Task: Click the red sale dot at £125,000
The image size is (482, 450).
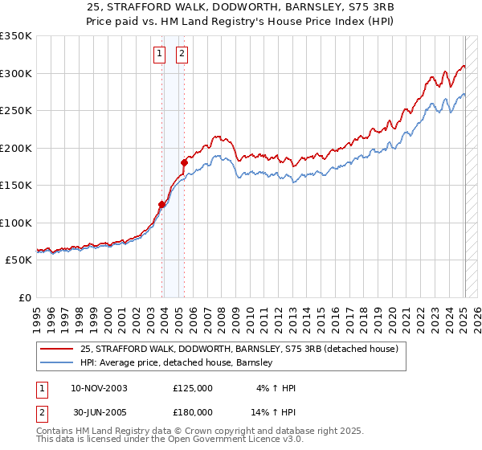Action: (161, 204)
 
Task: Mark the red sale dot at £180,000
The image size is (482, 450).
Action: (184, 163)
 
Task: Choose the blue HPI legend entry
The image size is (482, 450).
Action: (177, 363)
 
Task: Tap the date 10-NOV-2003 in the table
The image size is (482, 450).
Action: (99, 388)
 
